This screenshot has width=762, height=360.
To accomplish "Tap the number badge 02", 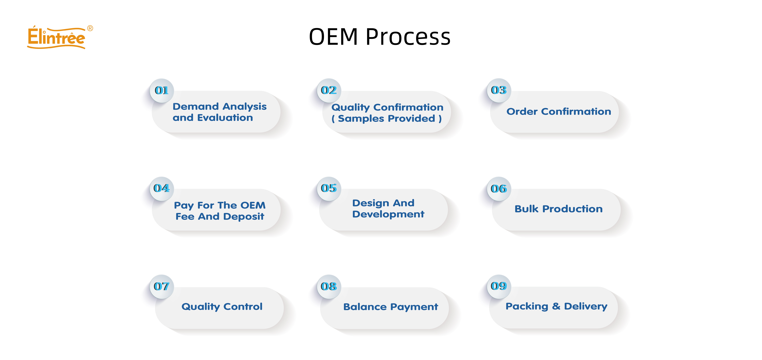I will [329, 90].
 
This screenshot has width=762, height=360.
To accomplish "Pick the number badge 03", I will [499, 90].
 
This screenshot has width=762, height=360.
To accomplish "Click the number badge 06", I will [499, 189].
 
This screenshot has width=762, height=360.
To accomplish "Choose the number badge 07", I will [162, 286].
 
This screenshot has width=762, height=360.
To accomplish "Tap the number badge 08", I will [329, 286].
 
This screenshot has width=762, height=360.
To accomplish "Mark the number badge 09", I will [499, 286].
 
